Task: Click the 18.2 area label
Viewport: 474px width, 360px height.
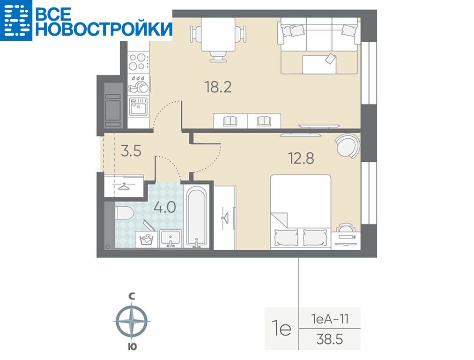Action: [218, 87]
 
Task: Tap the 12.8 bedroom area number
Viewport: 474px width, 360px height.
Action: [301, 158]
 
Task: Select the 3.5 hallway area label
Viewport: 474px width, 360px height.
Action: [131, 150]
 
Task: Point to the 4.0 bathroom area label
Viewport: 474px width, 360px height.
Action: [165, 208]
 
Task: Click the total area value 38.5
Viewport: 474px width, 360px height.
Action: [329, 339]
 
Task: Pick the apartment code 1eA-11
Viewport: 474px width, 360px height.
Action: [329, 319]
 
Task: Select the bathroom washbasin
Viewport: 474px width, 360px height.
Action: [170, 239]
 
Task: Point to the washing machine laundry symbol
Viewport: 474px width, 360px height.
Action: [147, 239]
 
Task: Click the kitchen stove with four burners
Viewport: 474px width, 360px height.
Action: [138, 61]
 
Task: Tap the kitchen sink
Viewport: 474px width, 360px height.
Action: [138, 106]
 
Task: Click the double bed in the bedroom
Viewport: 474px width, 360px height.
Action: [301, 212]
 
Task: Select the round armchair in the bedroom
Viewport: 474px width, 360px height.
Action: [348, 146]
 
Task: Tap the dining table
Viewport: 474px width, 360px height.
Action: [218, 34]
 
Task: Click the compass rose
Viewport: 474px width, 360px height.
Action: [132, 321]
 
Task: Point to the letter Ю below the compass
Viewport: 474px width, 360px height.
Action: [132, 347]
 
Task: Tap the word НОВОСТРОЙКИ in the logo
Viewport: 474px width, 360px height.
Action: [104, 29]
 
